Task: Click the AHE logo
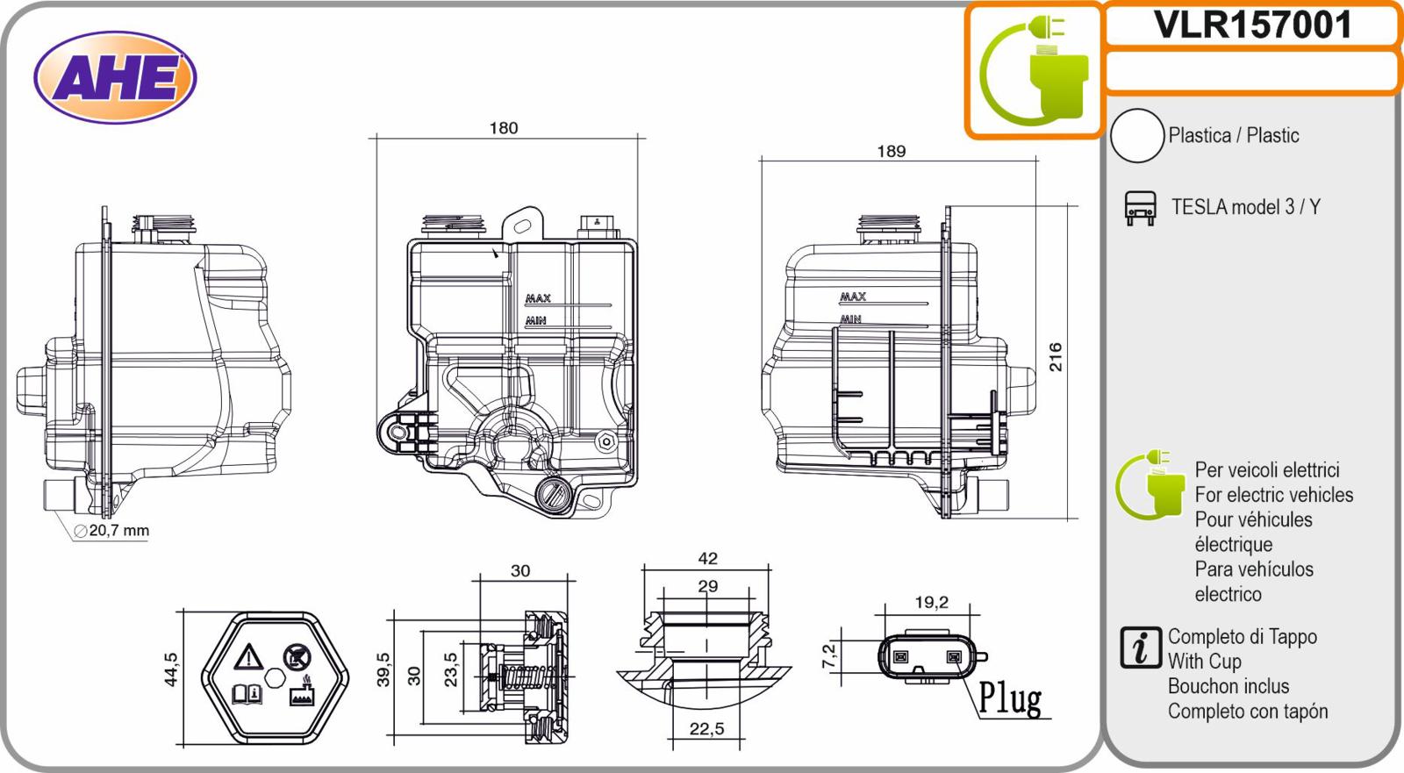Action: pos(115,78)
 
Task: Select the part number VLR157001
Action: pos(1252,25)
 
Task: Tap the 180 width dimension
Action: pos(504,128)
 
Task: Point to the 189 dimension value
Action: pos(892,151)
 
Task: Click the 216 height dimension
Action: pos(1056,357)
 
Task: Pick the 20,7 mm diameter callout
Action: pos(112,530)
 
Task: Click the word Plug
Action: pos(1010,698)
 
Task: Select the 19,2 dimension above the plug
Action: pos(931,603)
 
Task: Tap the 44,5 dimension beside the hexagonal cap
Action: pos(171,669)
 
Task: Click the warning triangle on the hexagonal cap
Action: pos(248,656)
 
